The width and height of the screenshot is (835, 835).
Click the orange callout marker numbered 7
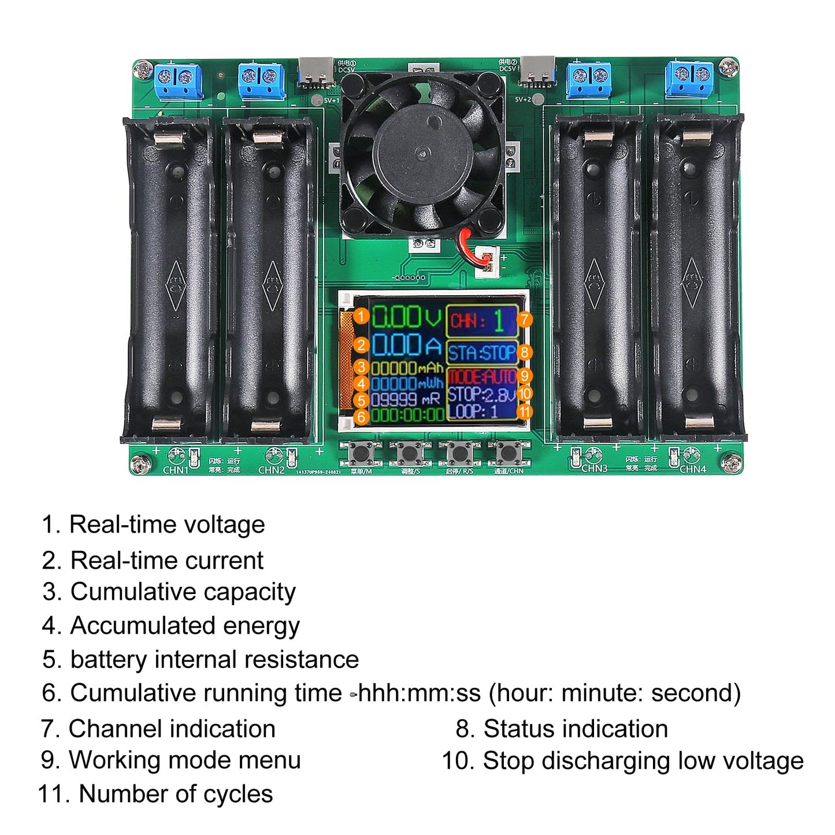coord(524,320)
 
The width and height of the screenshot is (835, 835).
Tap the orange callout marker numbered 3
coord(361,367)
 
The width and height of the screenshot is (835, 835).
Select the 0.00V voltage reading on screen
coord(406,317)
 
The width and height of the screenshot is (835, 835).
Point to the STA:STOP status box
coord(481,352)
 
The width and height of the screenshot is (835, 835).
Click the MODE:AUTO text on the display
coord(481,377)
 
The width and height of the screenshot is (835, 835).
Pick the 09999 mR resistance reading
coord(405,400)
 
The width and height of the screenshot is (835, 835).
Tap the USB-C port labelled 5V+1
coord(316,72)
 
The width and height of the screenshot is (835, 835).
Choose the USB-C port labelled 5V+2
coord(537,72)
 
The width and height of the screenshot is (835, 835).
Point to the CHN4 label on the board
coord(693,469)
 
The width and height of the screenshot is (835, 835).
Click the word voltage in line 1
coord(231,525)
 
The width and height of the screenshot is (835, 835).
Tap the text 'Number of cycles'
coord(176,794)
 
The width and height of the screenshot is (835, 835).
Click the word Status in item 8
coord(519,729)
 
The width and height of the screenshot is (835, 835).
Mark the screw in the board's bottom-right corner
coord(729,462)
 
